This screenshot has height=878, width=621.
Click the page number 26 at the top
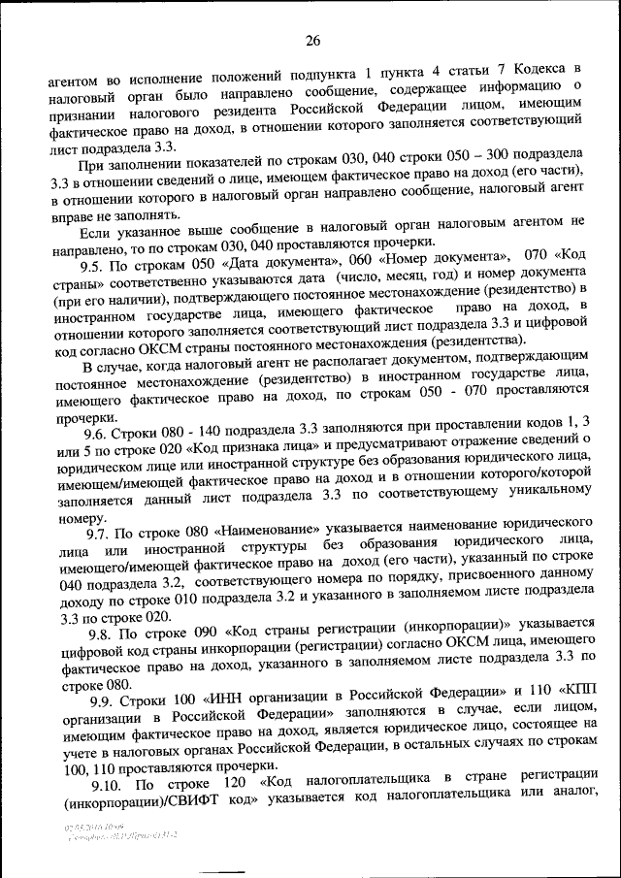311,41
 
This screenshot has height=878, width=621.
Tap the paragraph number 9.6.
101,434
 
